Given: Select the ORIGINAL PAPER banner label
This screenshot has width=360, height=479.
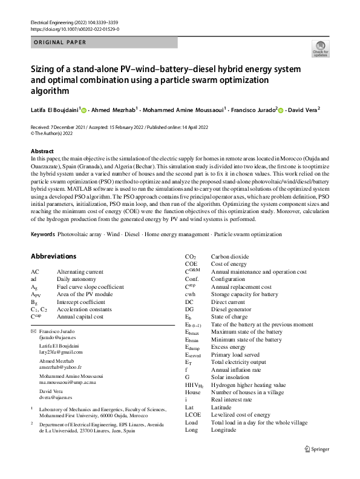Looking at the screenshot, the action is [x=58, y=42].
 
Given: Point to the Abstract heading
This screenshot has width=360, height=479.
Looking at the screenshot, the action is [x=42, y=151].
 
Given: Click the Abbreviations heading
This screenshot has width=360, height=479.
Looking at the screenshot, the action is [x=54, y=256].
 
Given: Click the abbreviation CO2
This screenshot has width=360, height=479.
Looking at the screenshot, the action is [x=191, y=257].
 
